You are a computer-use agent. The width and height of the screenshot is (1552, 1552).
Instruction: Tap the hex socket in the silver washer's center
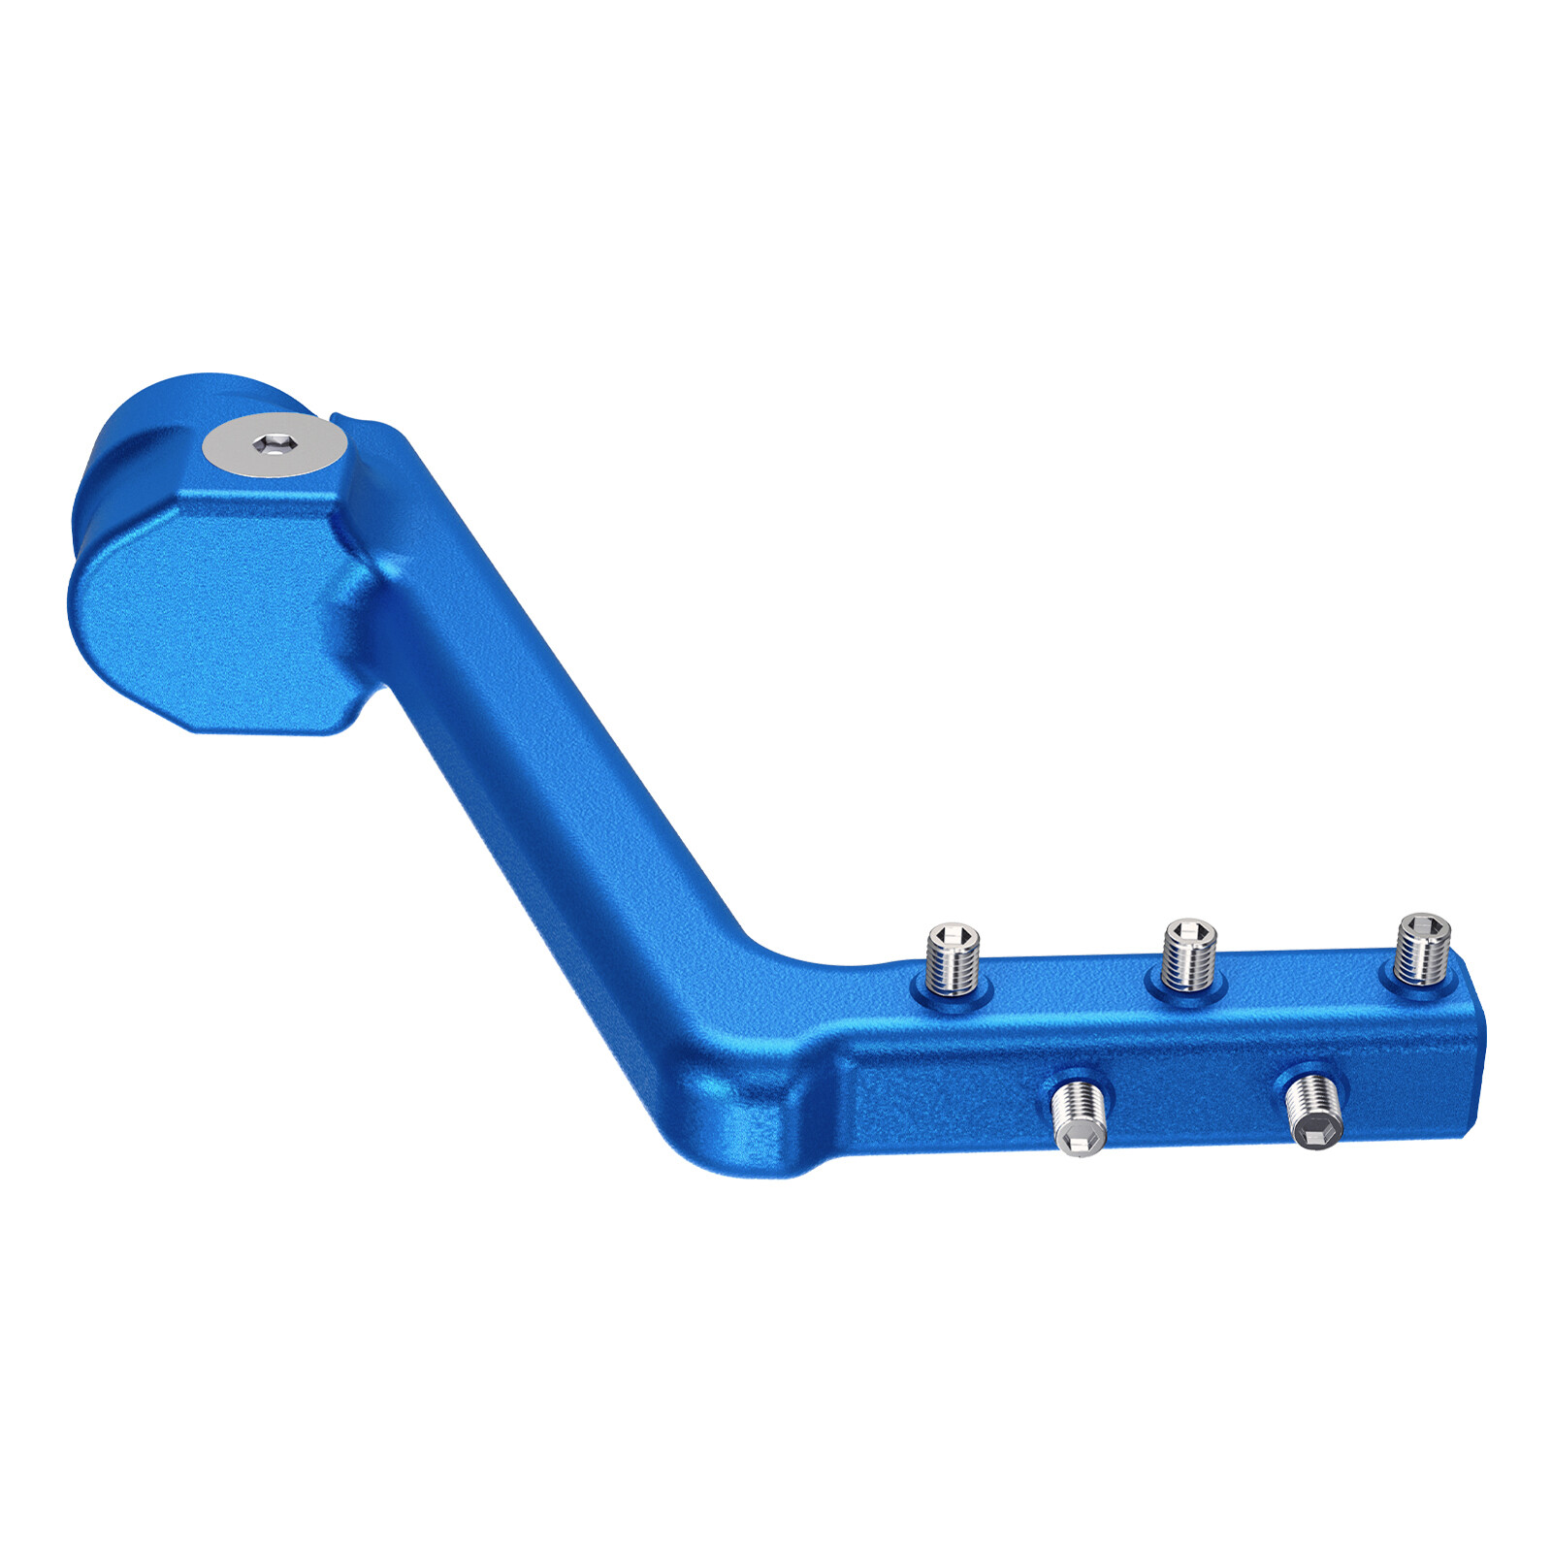[275, 444]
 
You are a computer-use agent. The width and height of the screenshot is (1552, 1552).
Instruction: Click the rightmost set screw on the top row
[1422, 949]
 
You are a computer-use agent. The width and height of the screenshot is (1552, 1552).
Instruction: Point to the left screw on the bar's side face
[1078, 1116]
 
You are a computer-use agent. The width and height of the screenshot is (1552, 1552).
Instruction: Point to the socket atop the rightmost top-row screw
[1424, 923]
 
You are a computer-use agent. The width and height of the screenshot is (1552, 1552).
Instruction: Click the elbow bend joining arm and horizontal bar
[757, 1048]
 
